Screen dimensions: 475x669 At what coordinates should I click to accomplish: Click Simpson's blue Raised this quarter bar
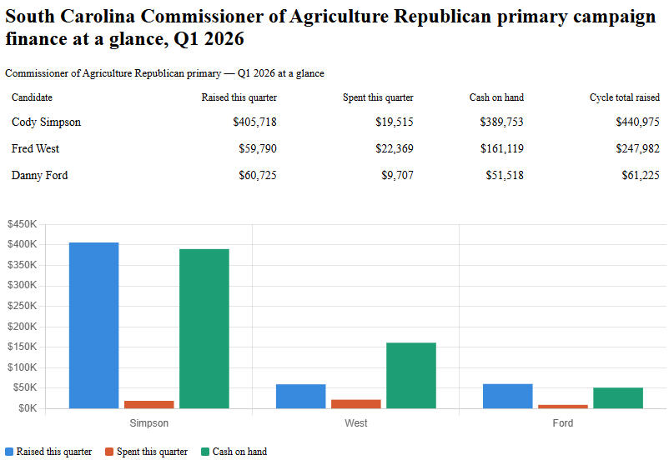pyautogui.click(x=93, y=325)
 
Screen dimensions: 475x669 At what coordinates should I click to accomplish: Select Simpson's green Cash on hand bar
pyautogui.click(x=204, y=328)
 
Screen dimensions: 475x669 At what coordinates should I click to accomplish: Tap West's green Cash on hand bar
pyautogui.click(x=410, y=375)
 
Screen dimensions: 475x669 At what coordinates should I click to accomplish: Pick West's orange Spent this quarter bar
pyautogui.click(x=355, y=404)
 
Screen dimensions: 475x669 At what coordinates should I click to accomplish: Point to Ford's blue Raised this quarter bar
pyautogui.click(x=507, y=396)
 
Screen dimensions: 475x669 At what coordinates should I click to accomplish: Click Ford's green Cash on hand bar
pyautogui.click(x=617, y=397)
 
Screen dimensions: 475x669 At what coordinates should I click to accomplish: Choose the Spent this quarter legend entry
pyautogui.click(x=146, y=452)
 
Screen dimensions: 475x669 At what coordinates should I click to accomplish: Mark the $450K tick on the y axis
pyautogui.click(x=22, y=224)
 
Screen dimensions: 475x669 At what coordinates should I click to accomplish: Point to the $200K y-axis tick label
pyautogui.click(x=22, y=327)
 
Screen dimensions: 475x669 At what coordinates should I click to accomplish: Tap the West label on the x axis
pyautogui.click(x=355, y=423)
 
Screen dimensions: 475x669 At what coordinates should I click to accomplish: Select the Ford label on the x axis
pyautogui.click(x=562, y=423)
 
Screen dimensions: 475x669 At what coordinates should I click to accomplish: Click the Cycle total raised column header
pyautogui.click(x=624, y=97)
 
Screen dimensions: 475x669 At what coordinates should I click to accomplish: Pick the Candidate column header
pyautogui.click(x=32, y=97)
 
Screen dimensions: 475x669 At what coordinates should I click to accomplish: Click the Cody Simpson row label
pyautogui.click(x=46, y=122)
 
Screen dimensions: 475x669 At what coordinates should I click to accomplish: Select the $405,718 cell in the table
pyautogui.click(x=254, y=122)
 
